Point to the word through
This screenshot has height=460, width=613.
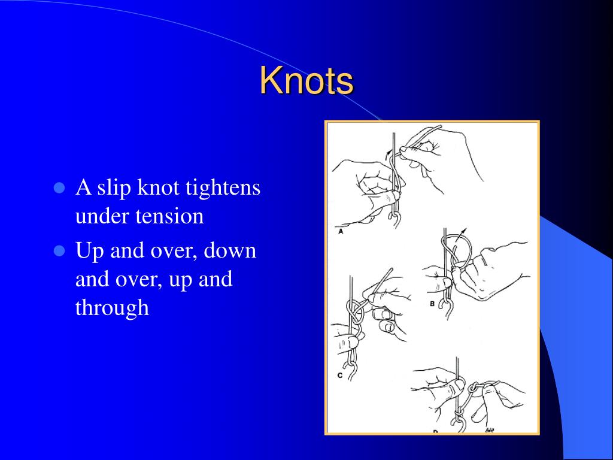tap(112, 308)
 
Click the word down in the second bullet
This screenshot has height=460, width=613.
tap(230, 250)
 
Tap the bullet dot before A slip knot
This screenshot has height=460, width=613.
tap(59, 187)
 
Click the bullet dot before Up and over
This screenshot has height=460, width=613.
tap(59, 250)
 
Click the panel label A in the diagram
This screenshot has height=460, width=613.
tap(341, 231)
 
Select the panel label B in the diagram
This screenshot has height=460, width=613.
tap(432, 304)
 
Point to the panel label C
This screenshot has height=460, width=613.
tap(340, 376)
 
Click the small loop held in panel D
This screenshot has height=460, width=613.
tap(474, 389)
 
